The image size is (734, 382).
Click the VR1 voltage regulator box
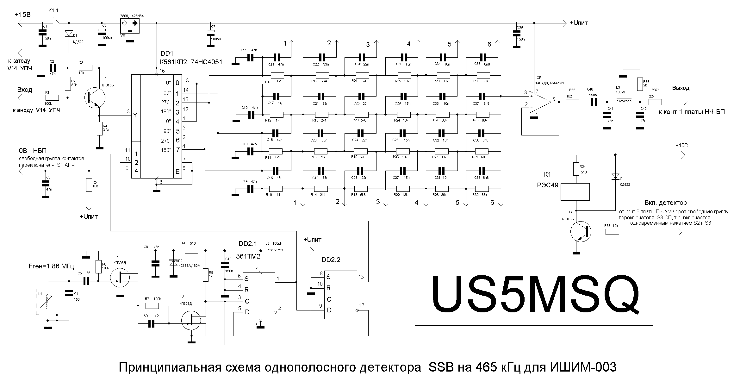click(x=130, y=26)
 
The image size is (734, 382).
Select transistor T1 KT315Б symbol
click(x=95, y=98)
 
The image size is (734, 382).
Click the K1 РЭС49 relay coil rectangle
click(x=575, y=192)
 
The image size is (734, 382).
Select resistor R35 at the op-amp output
click(x=573, y=102)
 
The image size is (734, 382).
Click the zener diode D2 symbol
click(x=173, y=263)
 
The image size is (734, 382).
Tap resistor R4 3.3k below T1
click(x=99, y=129)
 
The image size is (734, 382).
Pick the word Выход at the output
click(x=681, y=88)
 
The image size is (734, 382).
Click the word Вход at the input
click(x=25, y=90)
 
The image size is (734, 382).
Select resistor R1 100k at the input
click(x=52, y=98)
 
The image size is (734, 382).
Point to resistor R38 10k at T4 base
click(x=612, y=232)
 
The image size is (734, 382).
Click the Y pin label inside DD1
click(x=135, y=116)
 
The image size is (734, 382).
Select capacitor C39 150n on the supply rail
click(x=516, y=35)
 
